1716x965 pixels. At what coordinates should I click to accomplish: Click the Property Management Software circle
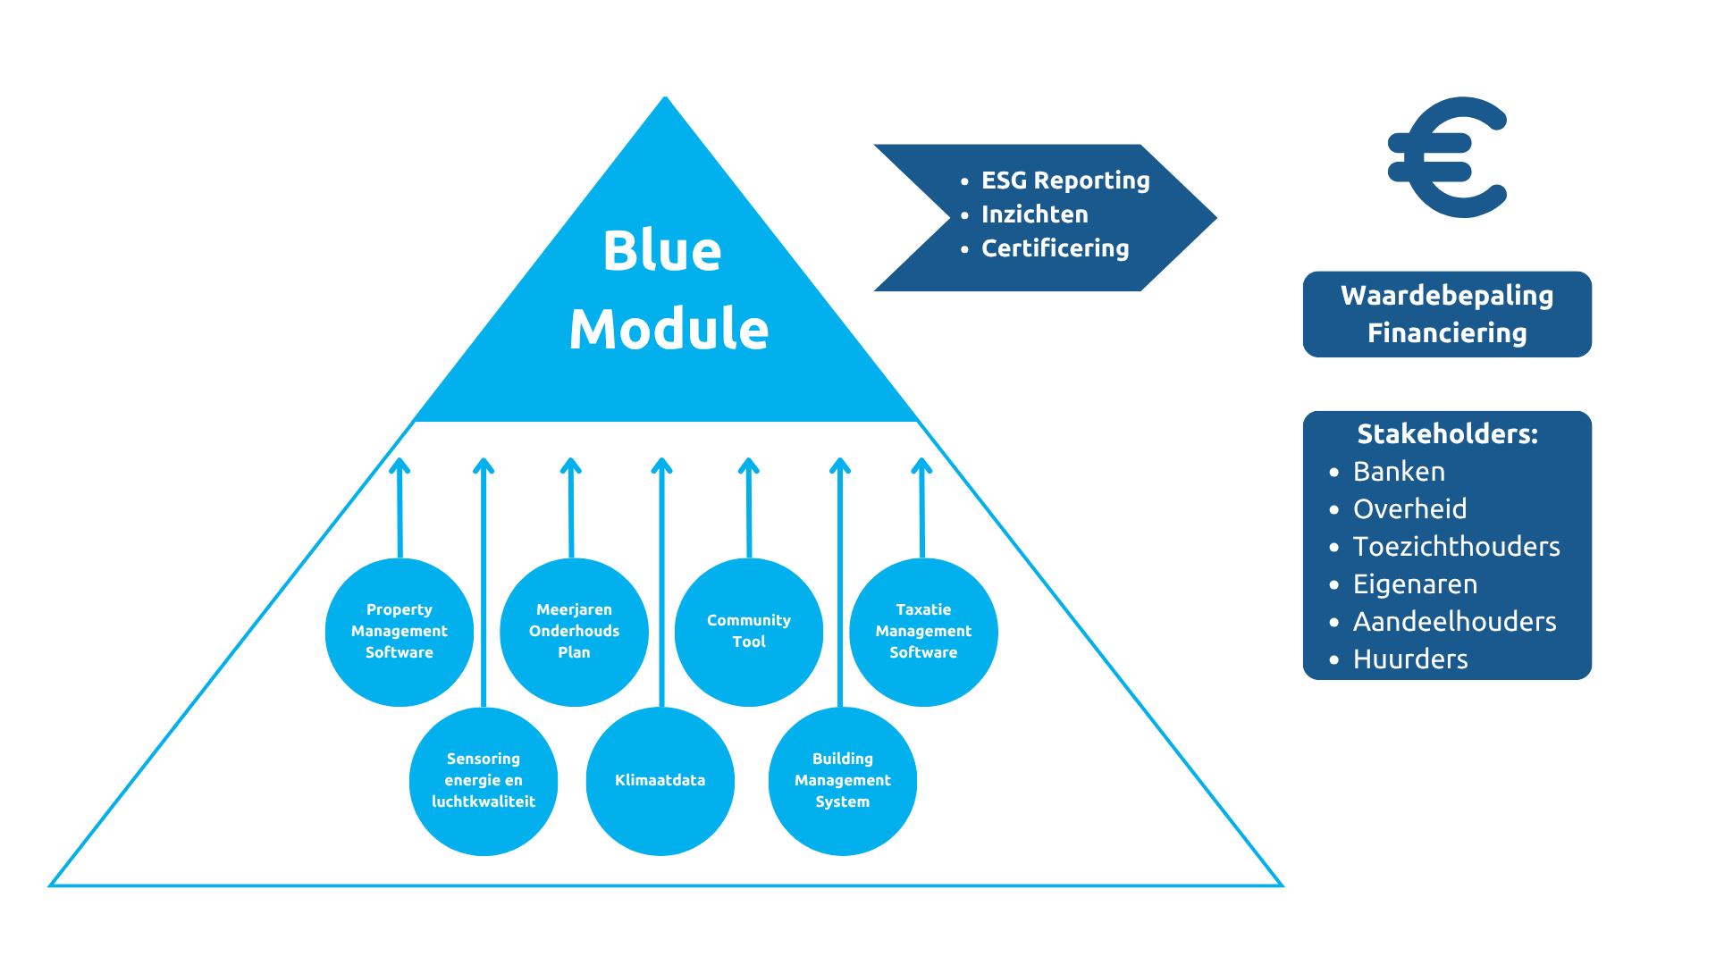coord(400,632)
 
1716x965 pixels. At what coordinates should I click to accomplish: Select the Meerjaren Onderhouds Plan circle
coord(574,632)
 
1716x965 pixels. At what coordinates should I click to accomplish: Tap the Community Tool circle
coord(749,632)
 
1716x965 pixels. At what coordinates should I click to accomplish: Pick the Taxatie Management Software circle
coord(923,632)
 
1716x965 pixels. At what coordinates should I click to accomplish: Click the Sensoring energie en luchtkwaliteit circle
coord(484,781)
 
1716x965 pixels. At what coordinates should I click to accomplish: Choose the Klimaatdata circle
coord(660,781)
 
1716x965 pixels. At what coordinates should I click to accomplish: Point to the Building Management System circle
coord(843,781)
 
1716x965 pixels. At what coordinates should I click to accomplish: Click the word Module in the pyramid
coord(669,329)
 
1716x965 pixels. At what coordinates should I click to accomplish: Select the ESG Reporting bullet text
coord(1065,180)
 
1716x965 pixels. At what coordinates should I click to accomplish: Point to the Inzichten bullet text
coord(1035,214)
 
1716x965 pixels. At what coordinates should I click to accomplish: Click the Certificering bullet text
coord(1056,248)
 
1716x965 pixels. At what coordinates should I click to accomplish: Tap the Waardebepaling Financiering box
coord(1447,315)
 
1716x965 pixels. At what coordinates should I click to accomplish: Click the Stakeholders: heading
coord(1447,434)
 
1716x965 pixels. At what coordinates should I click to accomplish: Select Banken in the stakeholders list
coord(1399,472)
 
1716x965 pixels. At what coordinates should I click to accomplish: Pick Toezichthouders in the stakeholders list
coord(1456,547)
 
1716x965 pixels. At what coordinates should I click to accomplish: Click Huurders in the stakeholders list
coord(1410,659)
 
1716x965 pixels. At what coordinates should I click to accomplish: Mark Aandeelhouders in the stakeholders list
coord(1454,622)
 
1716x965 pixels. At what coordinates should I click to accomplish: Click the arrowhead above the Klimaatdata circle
coord(661,466)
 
